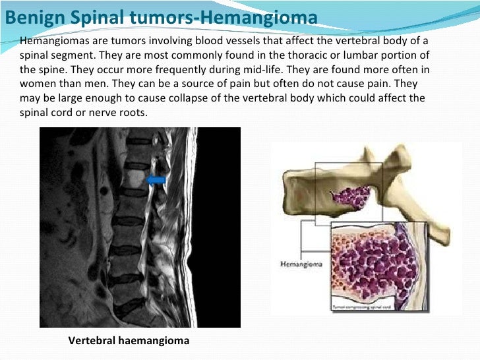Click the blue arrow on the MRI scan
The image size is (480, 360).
click(156, 180)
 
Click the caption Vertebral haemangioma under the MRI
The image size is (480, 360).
click(129, 341)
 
